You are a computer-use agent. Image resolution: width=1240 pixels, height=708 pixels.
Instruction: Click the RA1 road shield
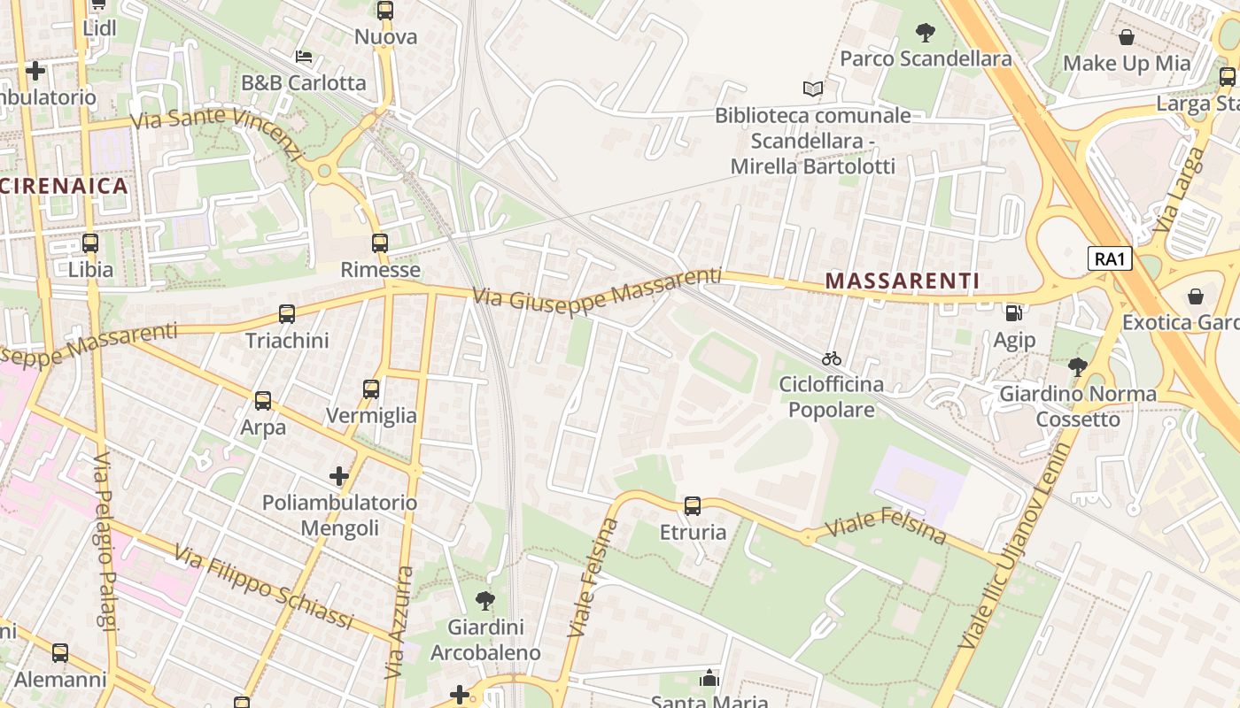tap(1111, 258)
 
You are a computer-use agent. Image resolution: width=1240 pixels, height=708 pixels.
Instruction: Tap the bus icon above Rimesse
tap(380, 242)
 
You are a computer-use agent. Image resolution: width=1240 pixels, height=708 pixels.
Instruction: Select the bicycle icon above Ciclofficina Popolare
tap(831, 358)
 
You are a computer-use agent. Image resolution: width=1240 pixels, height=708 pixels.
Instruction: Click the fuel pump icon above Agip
tap(1013, 312)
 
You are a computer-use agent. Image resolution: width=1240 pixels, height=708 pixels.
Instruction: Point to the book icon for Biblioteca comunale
tap(812, 88)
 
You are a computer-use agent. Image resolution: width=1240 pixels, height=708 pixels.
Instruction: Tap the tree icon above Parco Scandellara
tap(926, 34)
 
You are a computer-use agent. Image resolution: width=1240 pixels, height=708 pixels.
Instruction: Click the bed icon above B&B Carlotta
tap(303, 57)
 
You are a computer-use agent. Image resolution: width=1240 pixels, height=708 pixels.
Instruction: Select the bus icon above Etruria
tap(693, 506)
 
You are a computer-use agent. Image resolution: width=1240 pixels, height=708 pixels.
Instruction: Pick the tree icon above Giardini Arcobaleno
tap(484, 601)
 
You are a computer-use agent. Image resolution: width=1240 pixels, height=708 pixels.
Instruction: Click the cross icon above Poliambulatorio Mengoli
tap(339, 476)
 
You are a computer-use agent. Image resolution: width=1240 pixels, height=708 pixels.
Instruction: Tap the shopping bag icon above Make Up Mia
tap(1127, 37)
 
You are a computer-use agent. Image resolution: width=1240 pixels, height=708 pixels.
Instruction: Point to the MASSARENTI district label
tap(903, 281)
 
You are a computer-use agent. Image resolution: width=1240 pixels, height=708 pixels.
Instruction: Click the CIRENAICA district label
tap(65, 186)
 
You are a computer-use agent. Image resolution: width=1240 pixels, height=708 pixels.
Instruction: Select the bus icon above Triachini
tap(287, 313)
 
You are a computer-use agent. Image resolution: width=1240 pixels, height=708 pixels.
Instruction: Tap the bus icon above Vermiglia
tap(371, 389)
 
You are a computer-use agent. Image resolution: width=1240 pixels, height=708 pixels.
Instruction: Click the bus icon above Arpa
tap(263, 400)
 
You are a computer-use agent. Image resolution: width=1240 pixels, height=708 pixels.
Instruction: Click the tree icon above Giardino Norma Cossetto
tap(1077, 366)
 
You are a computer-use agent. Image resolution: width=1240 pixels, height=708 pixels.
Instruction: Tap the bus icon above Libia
tap(90, 242)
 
